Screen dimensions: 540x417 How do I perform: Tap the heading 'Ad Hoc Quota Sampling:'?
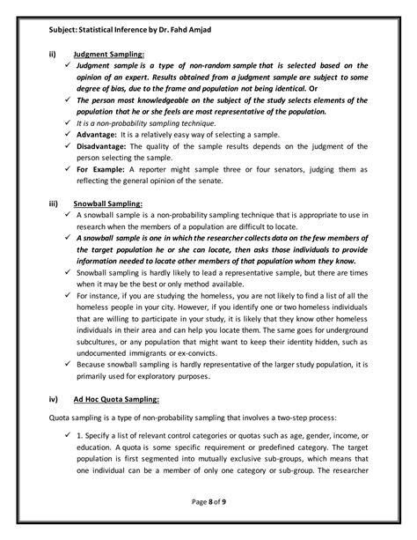[x=116, y=398]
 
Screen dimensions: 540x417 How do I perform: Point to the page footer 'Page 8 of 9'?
[x=208, y=502]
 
